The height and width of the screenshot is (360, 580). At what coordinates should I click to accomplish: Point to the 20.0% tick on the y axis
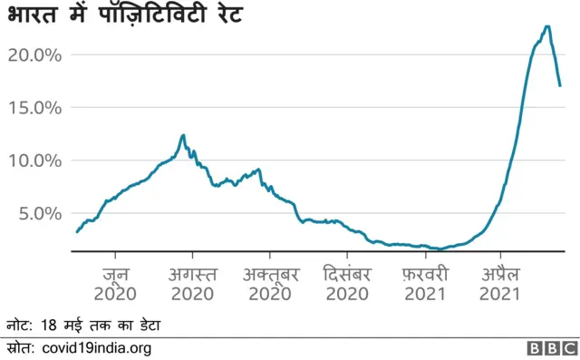(34, 54)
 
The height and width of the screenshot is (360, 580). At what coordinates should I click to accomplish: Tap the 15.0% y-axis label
(34, 107)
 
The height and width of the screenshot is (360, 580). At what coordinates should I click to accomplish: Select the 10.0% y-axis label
(34, 161)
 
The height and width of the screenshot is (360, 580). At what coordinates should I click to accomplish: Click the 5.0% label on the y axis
(38, 213)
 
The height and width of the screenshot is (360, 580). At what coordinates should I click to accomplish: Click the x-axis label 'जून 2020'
(114, 282)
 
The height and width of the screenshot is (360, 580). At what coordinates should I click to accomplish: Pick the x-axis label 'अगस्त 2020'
(192, 282)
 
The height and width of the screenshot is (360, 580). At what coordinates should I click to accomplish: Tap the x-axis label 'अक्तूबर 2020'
(269, 282)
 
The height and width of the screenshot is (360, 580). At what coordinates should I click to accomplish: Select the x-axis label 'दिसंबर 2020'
(346, 282)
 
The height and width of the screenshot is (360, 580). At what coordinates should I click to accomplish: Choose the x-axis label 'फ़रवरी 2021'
(424, 282)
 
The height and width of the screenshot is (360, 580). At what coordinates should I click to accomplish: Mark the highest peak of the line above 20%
(546, 26)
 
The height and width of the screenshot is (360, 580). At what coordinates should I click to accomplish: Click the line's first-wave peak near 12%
(183, 135)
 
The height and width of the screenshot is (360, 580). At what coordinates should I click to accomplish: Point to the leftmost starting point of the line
(76, 232)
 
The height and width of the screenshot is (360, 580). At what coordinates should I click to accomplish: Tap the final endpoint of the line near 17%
(561, 86)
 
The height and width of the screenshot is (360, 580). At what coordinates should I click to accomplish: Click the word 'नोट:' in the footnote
(19, 325)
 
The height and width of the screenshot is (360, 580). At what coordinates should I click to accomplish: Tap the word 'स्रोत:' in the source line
(19, 348)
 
